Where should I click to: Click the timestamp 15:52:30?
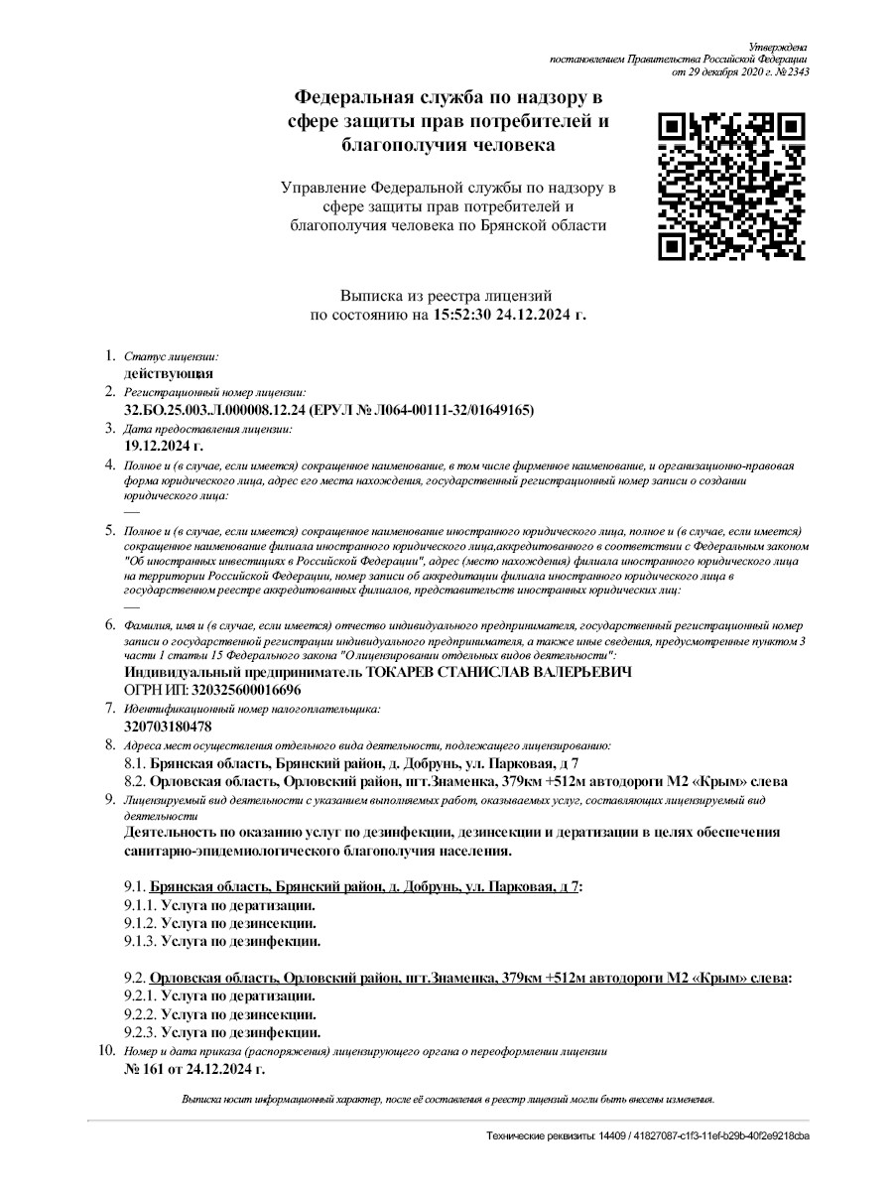pyautogui.click(x=466, y=315)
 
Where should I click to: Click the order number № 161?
pyautogui.click(x=146, y=1069)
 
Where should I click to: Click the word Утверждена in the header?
pyautogui.click(x=778, y=47)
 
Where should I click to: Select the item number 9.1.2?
pyautogui.click(x=139, y=923)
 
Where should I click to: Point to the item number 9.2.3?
pyautogui.click(x=139, y=1032)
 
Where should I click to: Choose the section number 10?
pyautogui.click(x=109, y=1050)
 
